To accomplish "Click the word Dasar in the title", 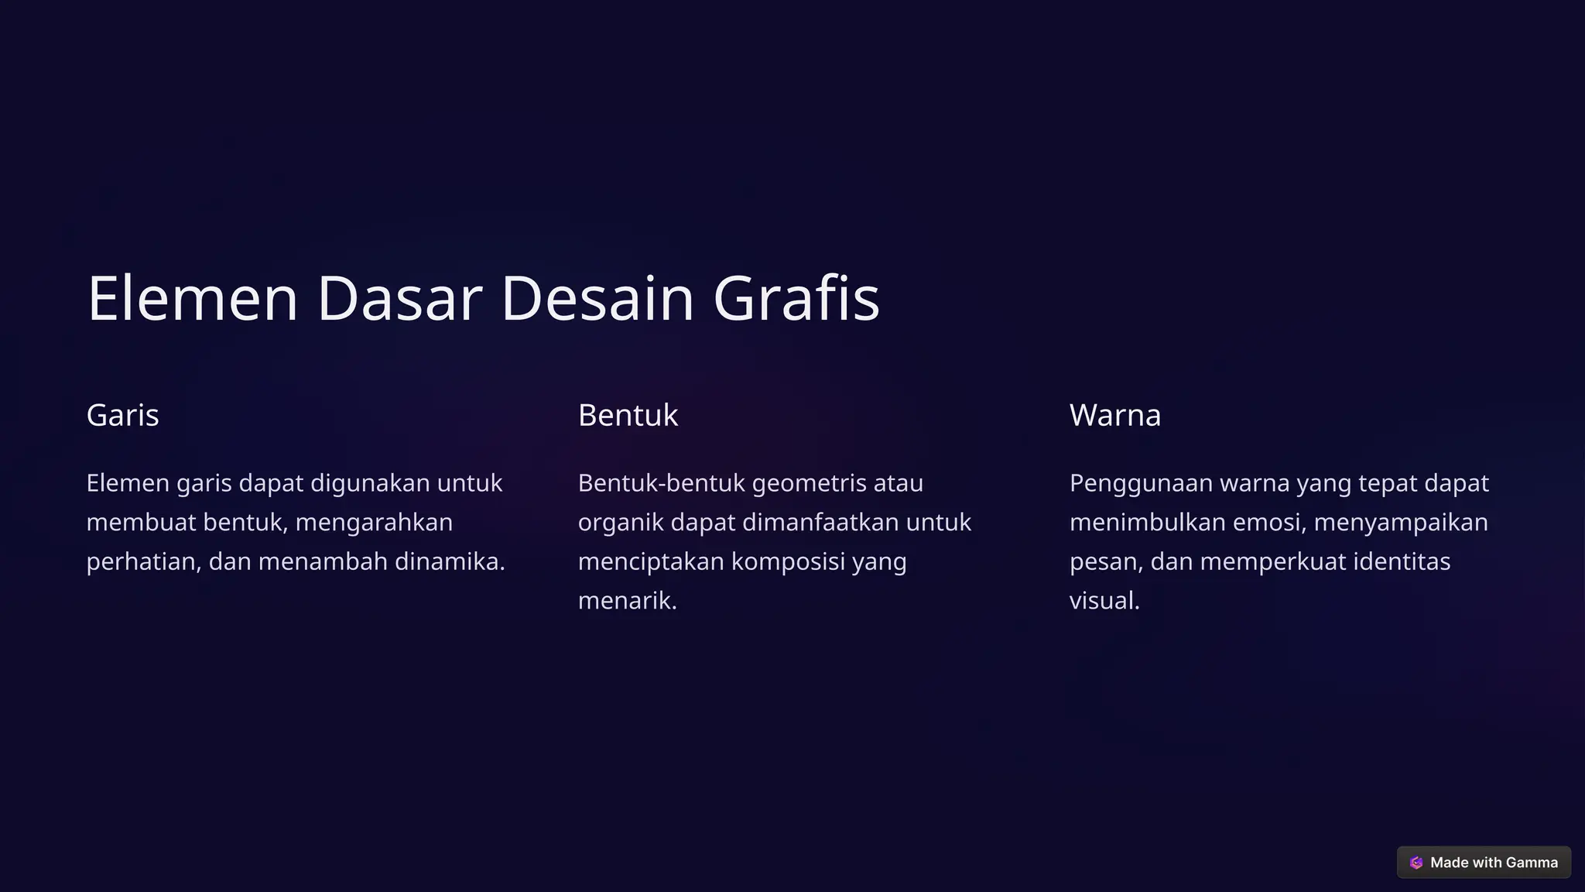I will coord(399,299).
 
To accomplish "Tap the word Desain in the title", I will coord(597,299).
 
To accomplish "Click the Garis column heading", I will coord(122,416).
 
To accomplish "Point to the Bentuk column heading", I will coord(628,416).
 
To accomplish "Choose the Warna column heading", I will coord(1114,416).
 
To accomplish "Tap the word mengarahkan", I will coord(374,523).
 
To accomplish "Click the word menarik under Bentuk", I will coord(627,601).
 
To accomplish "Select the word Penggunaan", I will coord(1141,484).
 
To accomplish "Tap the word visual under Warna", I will coord(1104,601).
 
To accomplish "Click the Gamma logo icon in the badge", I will coord(1416,863).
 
